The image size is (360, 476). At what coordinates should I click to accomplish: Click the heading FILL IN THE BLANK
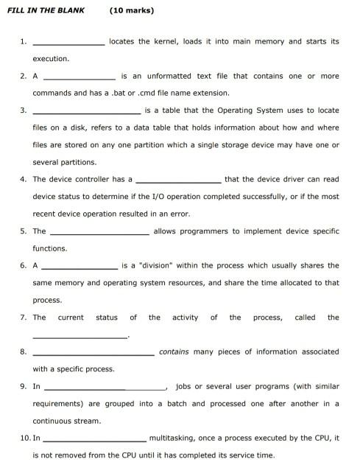(45, 11)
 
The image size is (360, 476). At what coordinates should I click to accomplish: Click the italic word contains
(174, 351)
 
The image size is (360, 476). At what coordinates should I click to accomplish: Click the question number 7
(24, 318)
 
